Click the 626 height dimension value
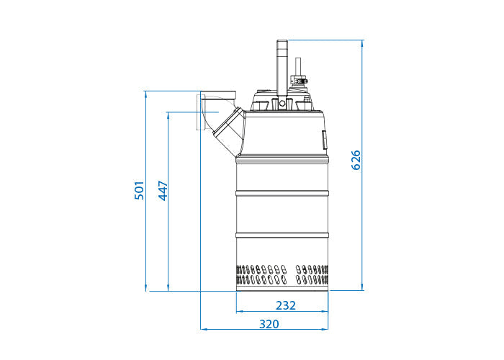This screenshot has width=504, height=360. tap(356, 160)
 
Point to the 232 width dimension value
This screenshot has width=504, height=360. tap(286, 305)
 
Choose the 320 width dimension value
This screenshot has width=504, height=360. tap(268, 324)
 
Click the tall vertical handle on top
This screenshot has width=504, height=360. tap(282, 65)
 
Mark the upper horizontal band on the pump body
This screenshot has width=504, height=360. tap(282, 194)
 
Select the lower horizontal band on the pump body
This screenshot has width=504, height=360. tap(282, 235)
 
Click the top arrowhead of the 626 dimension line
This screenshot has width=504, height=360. tap(361, 42)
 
